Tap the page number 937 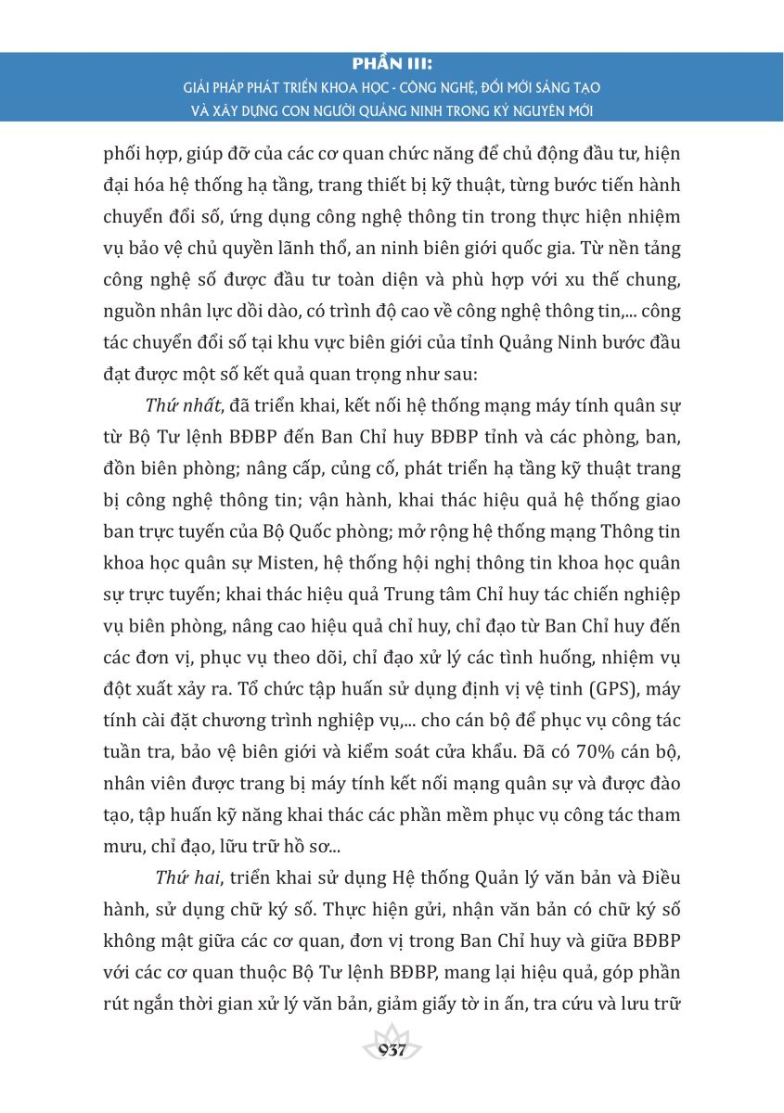(392, 1051)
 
